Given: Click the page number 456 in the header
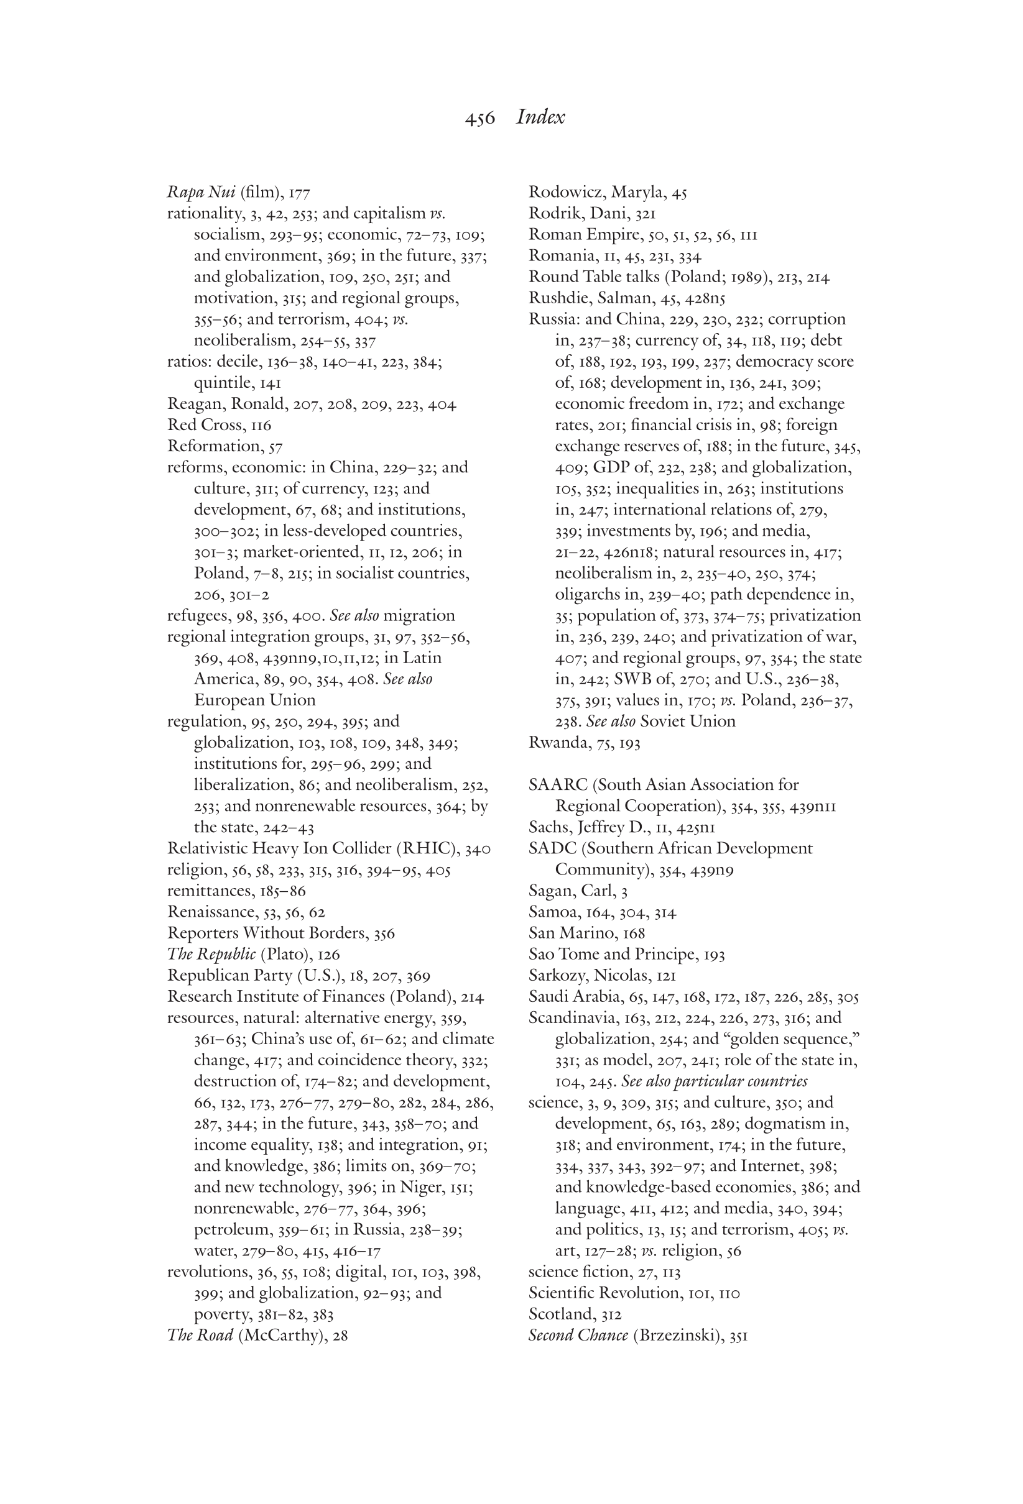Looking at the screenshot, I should (x=479, y=119).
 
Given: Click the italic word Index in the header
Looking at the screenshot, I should (x=540, y=117).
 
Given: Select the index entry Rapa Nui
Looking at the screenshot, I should (x=201, y=192).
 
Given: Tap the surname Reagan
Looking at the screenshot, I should (x=193, y=405).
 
